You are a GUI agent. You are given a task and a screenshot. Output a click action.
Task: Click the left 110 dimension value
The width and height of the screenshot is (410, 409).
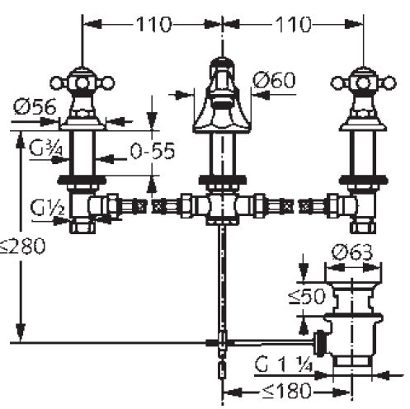pos(153,24)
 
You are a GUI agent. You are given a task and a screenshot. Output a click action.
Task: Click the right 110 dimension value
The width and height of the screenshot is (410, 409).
pos(294,24)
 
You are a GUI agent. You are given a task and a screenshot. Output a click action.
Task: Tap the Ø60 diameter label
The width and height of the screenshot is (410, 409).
pos(274,80)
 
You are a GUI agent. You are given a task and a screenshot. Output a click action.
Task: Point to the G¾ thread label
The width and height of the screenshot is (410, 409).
pos(46,149)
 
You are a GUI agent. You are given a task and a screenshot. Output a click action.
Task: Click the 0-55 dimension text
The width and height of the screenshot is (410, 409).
pos(153,151)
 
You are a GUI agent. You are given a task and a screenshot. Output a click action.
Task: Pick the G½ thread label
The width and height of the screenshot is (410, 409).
pos(47,208)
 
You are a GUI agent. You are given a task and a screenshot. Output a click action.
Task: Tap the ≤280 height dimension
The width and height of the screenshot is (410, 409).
pos(22,246)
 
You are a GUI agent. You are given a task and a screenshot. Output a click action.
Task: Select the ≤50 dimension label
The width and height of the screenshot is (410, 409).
pos(307,296)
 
